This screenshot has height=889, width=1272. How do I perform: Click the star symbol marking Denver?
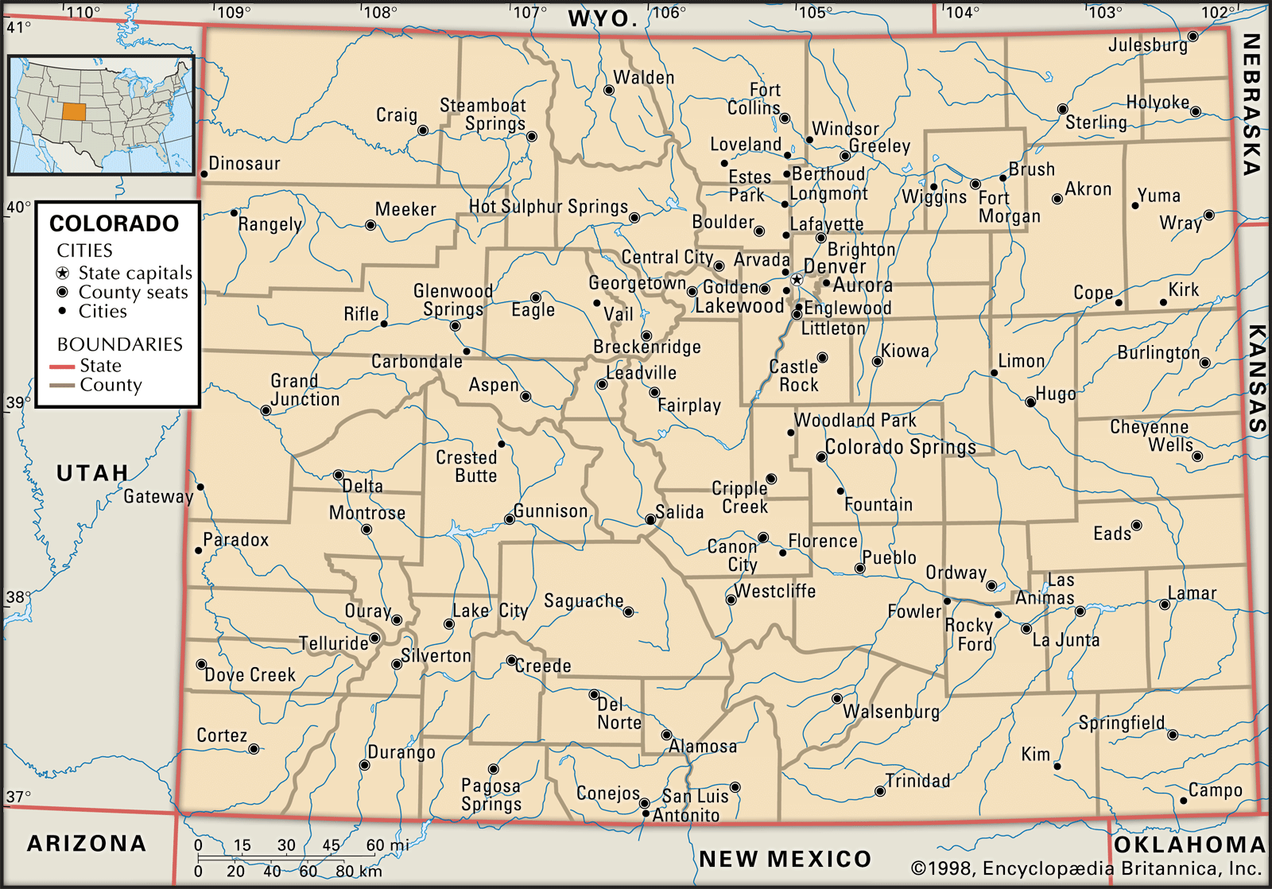[797, 280]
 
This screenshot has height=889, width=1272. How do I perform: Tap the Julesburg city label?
[1147, 45]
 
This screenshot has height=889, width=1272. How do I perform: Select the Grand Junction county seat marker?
[266, 410]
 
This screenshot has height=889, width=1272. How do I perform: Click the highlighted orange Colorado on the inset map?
[73, 111]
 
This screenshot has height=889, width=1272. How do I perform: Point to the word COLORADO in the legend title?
[114, 223]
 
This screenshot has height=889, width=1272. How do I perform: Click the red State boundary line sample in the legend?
[62, 367]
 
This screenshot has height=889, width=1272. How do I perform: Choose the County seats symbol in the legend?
[63, 292]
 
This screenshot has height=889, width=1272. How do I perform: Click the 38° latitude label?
[17, 597]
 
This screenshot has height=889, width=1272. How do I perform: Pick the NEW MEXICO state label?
[785, 860]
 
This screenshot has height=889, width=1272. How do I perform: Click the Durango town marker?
[364, 766]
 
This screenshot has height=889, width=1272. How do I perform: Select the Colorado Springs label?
[900, 447]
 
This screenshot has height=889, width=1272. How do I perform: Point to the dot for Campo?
[1184, 801]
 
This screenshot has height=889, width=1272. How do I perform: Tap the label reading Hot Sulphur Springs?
[548, 207]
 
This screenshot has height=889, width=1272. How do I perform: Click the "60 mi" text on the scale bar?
[387, 846]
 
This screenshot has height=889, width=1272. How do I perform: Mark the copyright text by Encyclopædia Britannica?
[1086, 869]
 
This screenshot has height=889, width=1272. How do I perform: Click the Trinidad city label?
[917, 781]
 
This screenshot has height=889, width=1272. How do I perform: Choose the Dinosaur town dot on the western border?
[204, 173]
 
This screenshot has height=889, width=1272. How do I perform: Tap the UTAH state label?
[92, 474]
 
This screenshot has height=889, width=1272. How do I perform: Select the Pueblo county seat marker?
[859, 569]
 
